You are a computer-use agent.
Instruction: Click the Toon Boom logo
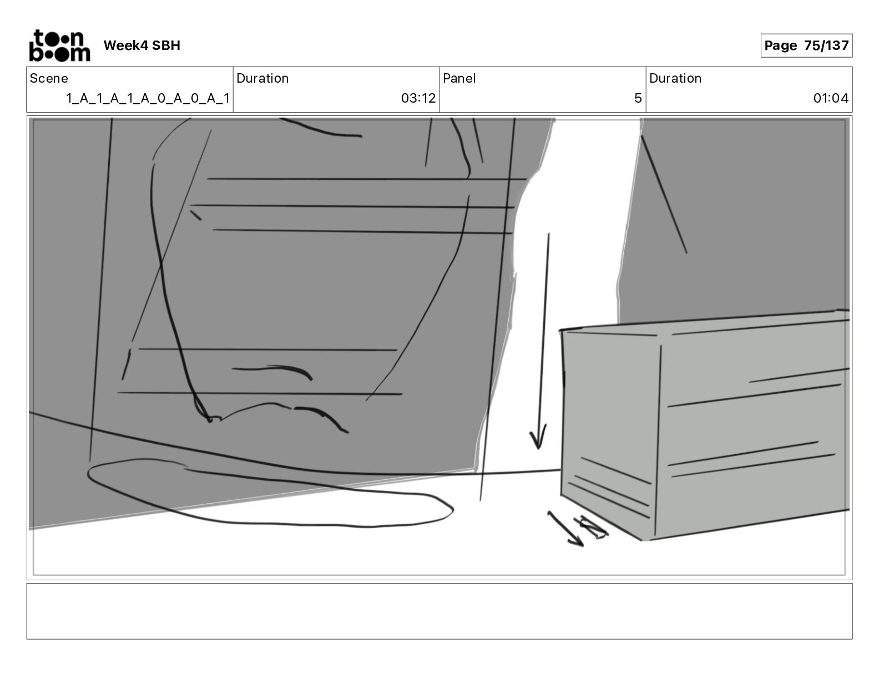pos(59,45)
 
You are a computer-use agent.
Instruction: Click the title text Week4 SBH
pos(142,45)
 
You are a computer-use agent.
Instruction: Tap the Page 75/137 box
pos(806,45)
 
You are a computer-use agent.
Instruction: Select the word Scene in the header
pos(49,78)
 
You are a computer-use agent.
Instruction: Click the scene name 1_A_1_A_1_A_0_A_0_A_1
pos(148,98)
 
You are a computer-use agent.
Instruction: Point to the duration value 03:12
pos(418,98)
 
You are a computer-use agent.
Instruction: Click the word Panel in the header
pos(459,78)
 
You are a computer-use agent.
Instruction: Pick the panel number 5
pos(638,98)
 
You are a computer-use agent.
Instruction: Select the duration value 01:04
pos(830,98)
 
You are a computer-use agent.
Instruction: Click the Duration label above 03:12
pos(262,78)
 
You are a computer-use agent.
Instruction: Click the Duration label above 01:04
pos(675,78)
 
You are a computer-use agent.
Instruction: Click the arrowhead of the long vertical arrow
pos(537,439)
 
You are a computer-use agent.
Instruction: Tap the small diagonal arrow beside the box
pos(565,529)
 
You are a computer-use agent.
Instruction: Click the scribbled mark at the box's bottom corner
pos(594,527)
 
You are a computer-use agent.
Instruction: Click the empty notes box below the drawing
pos(439,611)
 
